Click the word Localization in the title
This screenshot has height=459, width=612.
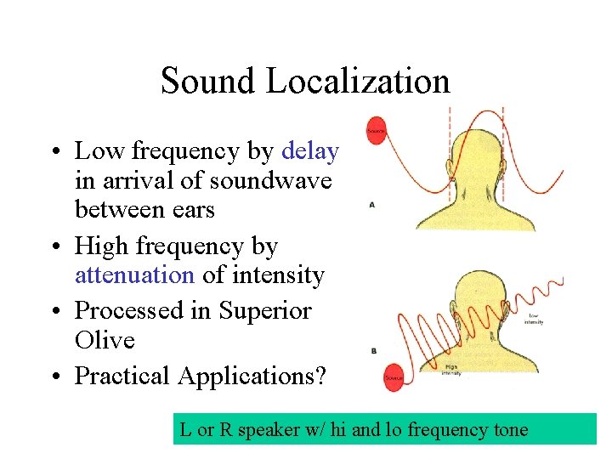[358, 82]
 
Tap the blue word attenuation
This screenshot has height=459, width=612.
[135, 275]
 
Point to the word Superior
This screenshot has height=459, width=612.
[265, 310]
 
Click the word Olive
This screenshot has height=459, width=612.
[105, 340]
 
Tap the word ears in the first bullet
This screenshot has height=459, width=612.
[192, 209]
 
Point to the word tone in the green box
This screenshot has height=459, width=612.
[508, 430]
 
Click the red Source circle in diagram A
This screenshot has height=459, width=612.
[376, 131]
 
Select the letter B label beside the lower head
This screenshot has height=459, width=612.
[373, 350]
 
